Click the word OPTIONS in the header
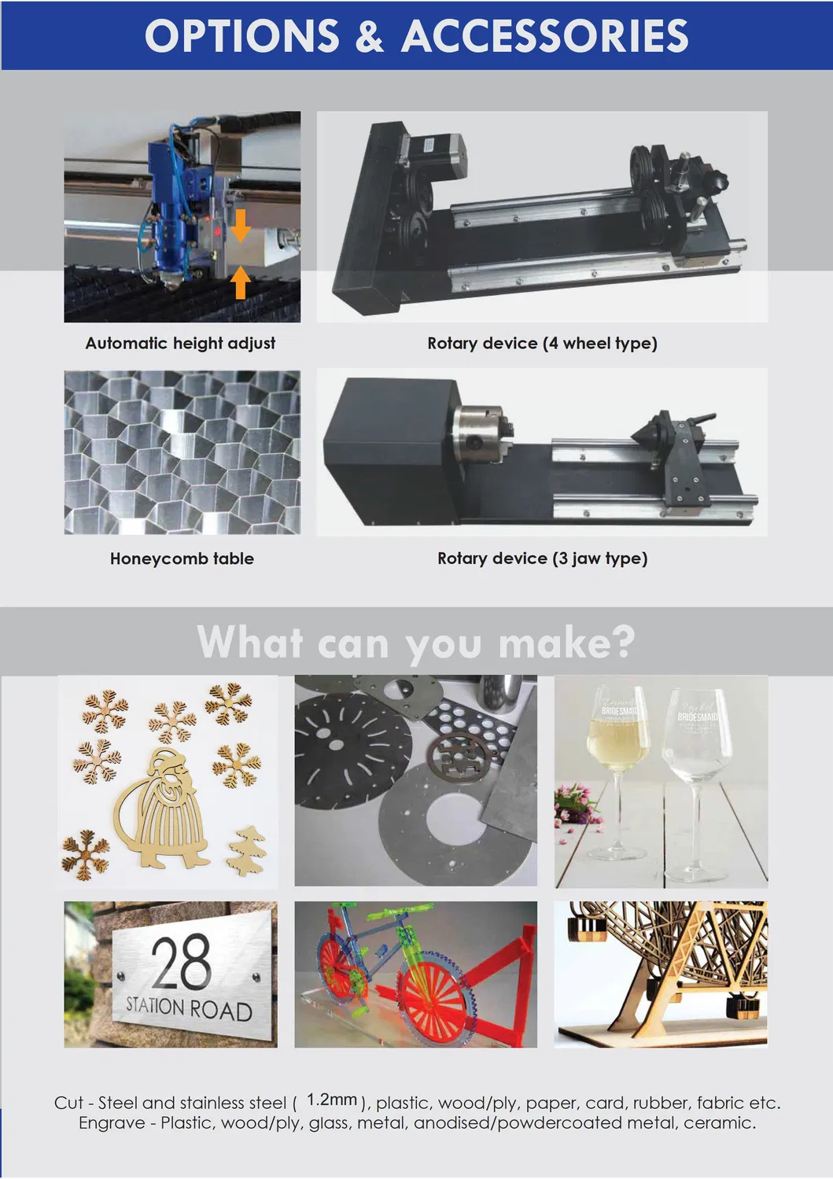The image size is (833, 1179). click(242, 36)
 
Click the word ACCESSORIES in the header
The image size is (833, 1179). click(545, 36)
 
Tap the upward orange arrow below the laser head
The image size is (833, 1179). click(241, 283)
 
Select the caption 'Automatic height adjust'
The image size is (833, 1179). click(180, 343)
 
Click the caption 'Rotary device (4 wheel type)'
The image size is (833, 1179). click(542, 343)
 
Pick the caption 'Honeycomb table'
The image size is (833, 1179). click(182, 558)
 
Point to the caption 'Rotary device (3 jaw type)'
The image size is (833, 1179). click(542, 558)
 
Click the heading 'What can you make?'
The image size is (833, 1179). click(415, 642)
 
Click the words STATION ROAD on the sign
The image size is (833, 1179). click(189, 1008)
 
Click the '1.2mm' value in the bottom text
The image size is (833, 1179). click(331, 1100)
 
